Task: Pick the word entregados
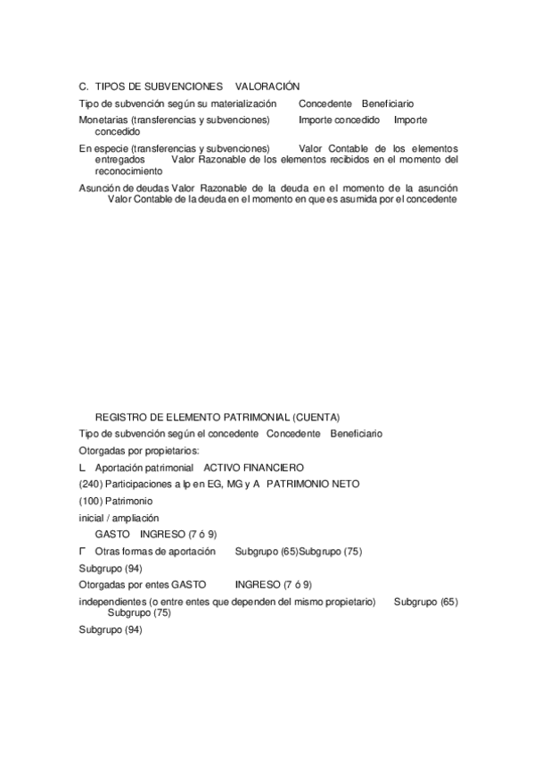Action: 119,159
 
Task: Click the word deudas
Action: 152,188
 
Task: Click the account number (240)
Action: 90,484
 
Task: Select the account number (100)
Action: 90,501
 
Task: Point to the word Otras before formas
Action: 107,552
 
